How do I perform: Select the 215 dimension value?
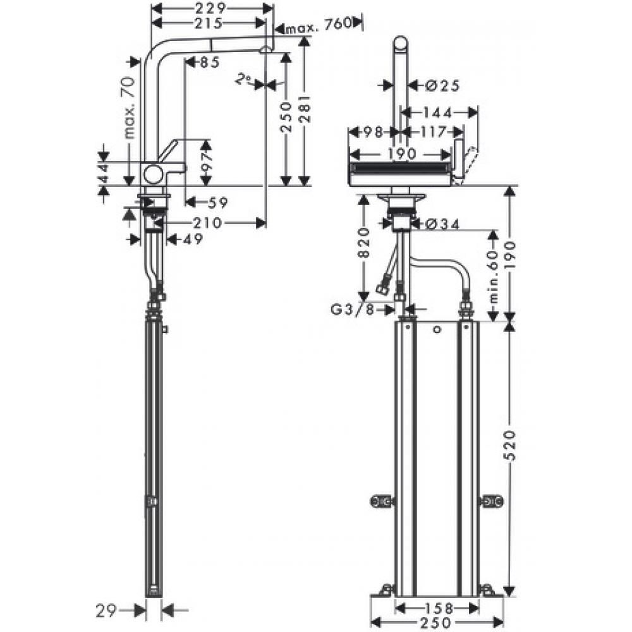[208, 23]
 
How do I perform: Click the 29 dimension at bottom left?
[108, 611]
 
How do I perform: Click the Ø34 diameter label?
[437, 222]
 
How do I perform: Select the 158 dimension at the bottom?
[435, 609]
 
